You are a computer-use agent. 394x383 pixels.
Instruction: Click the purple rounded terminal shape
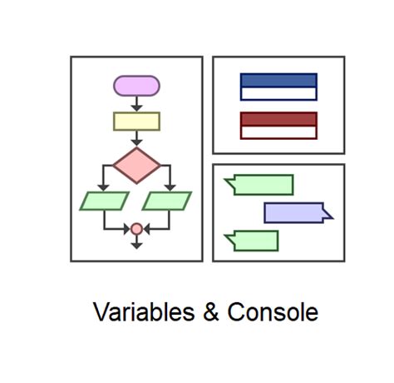(136, 86)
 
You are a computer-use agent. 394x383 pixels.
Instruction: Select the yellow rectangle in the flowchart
(136, 122)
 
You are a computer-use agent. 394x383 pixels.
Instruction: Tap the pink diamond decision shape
(136, 166)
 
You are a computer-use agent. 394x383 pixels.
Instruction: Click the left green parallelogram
(105, 201)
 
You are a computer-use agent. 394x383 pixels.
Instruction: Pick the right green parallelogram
(167, 201)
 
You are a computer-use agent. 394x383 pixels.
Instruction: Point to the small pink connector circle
(136, 229)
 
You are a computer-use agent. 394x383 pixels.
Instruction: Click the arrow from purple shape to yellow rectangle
(136, 104)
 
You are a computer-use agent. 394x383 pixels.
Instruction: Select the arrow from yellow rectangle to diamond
(136, 138)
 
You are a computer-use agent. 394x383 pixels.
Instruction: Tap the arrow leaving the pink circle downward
(136, 242)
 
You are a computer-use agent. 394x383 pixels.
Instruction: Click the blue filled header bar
(278, 81)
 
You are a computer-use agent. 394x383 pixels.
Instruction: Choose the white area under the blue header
(278, 94)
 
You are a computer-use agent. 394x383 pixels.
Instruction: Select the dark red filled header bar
(278, 119)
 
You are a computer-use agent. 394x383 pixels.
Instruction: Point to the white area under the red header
(278, 132)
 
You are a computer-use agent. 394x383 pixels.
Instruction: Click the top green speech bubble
(263, 185)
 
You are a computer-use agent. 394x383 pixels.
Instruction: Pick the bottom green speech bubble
(255, 241)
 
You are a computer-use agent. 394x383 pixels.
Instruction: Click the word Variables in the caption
(144, 312)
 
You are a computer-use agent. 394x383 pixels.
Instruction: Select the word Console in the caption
(273, 312)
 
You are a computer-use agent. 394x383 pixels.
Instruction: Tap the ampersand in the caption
(211, 312)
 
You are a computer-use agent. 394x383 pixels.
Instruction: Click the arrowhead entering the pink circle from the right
(147, 229)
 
